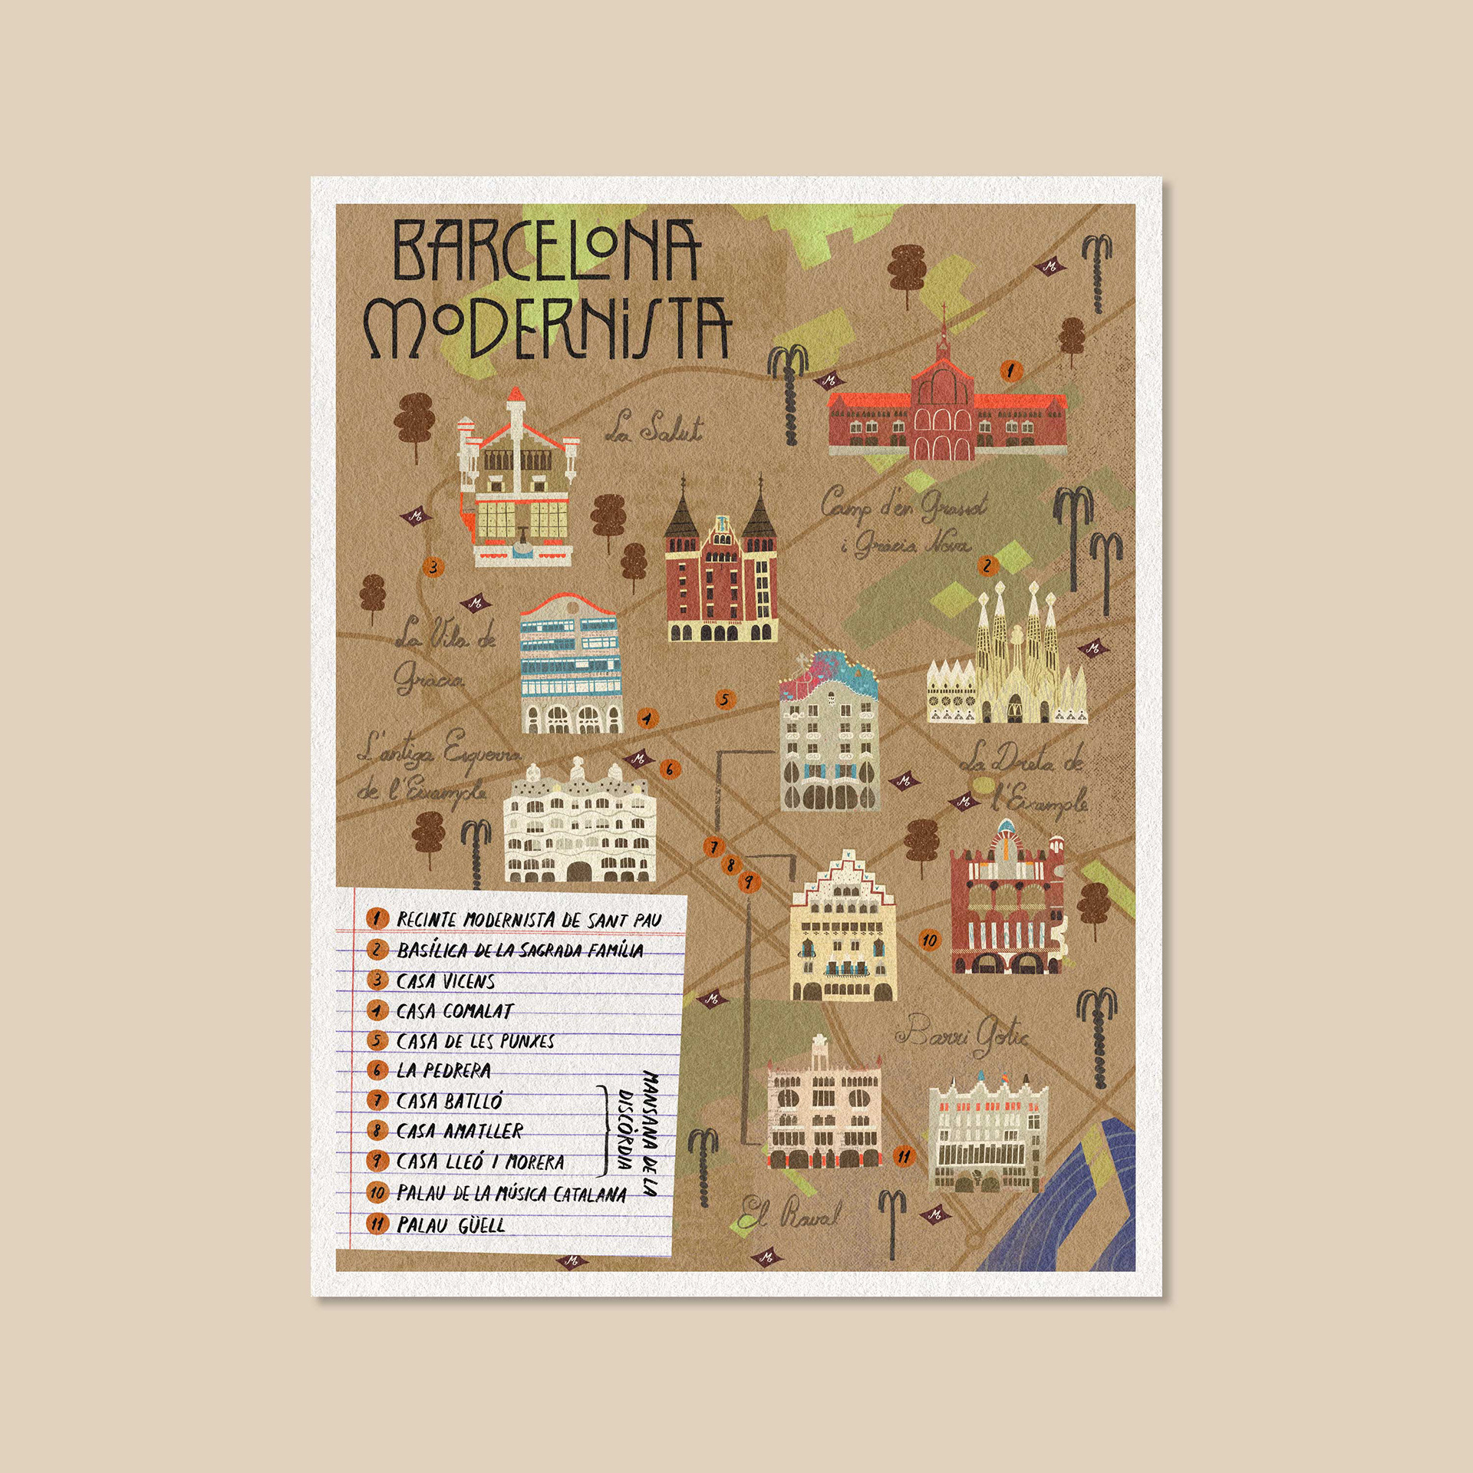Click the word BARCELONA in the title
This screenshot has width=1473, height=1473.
546,250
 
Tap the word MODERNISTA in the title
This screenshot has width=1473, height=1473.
546,328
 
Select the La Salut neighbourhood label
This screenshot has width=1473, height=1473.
654,428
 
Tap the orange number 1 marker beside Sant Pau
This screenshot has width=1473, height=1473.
1010,371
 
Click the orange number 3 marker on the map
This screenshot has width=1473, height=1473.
433,568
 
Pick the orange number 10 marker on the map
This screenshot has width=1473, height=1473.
930,940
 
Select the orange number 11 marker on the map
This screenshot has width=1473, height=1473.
905,1156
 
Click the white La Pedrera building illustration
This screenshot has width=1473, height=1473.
580,825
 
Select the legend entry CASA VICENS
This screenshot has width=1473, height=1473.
445,981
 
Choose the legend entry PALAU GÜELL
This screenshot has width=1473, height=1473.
450,1225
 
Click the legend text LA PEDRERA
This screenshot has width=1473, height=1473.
443,1071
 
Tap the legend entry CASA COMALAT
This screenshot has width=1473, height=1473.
454,1011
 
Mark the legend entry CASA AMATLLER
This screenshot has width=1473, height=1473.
459,1132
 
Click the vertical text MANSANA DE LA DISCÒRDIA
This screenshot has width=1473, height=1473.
638,1133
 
